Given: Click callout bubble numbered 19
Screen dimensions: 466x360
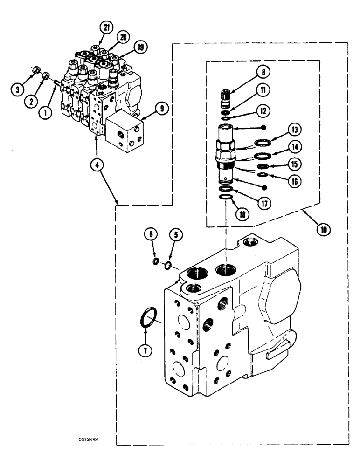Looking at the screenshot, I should click(139, 47).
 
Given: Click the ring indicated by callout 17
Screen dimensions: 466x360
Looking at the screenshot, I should click(226, 189).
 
